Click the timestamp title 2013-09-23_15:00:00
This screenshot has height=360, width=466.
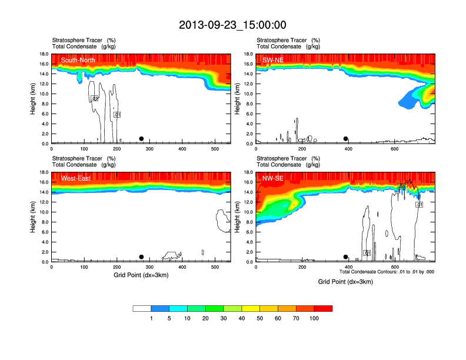click(232, 25)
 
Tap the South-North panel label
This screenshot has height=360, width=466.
click(78, 60)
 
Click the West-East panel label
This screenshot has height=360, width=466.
click(76, 178)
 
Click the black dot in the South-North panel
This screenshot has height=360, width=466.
click(141, 139)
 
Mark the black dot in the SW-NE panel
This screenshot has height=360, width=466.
click(346, 139)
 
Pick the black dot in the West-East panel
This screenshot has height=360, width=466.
click(141, 256)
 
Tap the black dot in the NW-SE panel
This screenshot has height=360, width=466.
click(346, 256)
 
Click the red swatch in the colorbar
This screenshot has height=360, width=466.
click(323, 308)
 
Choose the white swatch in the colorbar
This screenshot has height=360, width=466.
click(142, 308)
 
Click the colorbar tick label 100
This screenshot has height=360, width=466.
click(314, 318)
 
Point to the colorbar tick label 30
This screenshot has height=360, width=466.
click(224, 318)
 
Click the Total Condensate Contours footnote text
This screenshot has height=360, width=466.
click(387, 272)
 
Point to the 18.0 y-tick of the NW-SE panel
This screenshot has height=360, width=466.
click(248, 172)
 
